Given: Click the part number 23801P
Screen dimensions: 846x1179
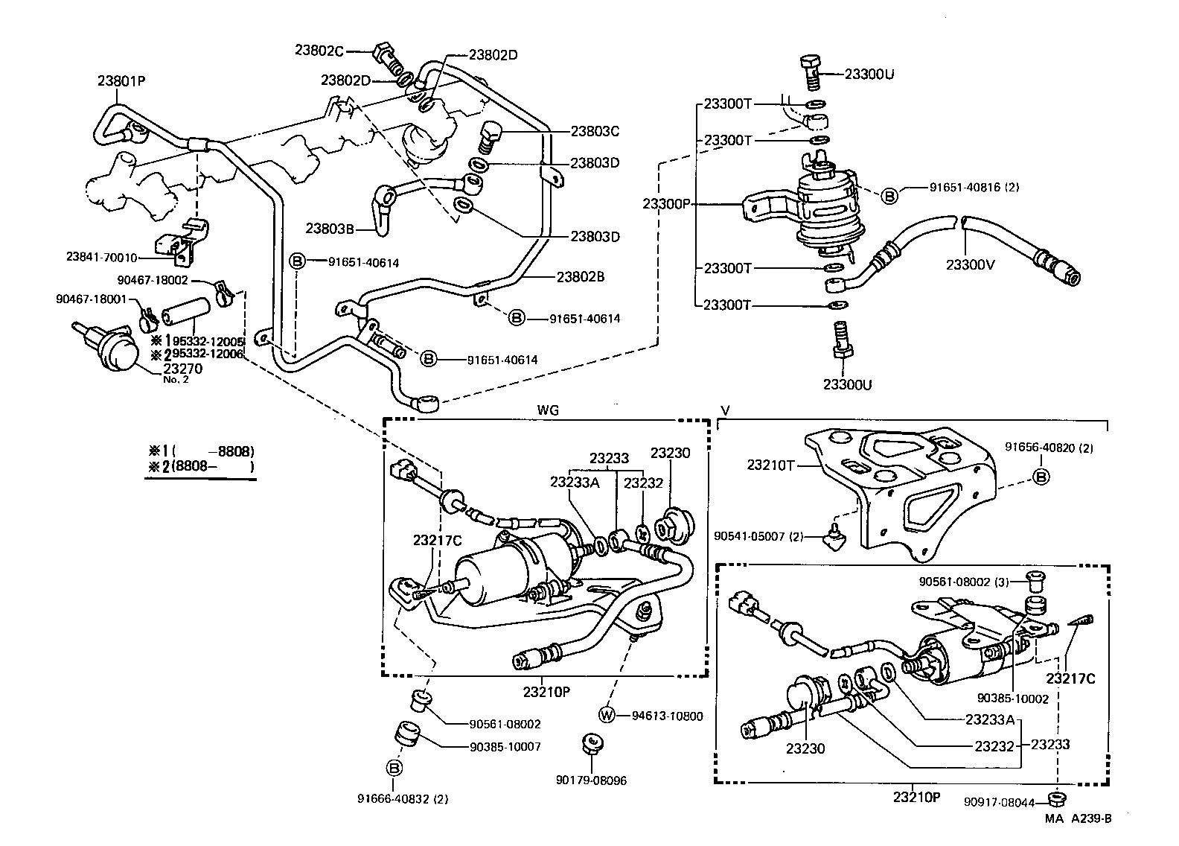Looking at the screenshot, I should [x=121, y=81].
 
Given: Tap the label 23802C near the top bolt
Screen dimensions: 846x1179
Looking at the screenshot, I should [x=319, y=51].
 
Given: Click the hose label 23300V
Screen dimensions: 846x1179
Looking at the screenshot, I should [x=970, y=264].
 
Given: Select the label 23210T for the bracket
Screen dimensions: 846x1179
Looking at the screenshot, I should [x=772, y=465].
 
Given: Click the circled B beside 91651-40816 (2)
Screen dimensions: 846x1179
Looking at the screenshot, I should [x=889, y=196].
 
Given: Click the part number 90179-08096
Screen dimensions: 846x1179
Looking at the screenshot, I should [x=591, y=780].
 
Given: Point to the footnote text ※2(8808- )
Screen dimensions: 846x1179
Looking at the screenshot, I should [x=201, y=467].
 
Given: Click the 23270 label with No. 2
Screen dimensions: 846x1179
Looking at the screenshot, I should [x=182, y=369].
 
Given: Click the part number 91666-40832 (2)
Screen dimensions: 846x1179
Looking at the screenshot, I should [x=403, y=799].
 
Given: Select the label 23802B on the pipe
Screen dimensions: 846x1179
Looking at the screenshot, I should [x=580, y=276].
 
